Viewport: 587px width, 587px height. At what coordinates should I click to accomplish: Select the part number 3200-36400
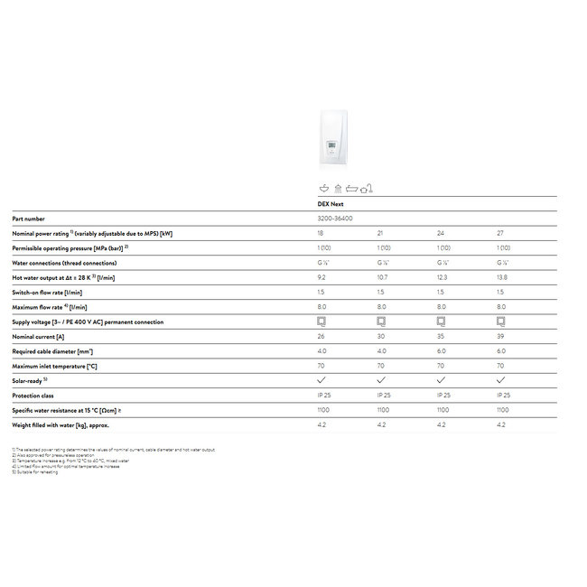click(x=335, y=219)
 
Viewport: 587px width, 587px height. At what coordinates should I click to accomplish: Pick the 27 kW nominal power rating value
click(x=500, y=233)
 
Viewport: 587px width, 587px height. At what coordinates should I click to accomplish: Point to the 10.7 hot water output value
click(x=382, y=277)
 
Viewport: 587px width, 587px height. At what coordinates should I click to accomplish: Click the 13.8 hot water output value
click(x=502, y=277)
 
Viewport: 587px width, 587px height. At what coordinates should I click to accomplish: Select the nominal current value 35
click(x=441, y=336)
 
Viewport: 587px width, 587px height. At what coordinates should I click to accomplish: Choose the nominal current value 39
click(x=500, y=336)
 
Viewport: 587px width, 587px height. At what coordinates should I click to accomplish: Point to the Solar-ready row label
click(x=31, y=380)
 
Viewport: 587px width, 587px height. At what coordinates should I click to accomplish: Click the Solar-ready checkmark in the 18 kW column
click(x=321, y=380)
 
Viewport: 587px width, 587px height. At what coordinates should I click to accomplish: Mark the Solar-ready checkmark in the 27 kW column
click(x=500, y=380)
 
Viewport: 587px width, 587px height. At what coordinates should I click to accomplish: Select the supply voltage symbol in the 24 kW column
click(x=441, y=321)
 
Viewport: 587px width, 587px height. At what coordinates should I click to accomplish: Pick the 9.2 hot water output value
click(x=322, y=277)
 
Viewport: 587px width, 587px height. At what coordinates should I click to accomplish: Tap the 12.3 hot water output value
click(x=442, y=277)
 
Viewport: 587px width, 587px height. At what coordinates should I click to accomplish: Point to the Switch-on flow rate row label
click(x=47, y=292)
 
